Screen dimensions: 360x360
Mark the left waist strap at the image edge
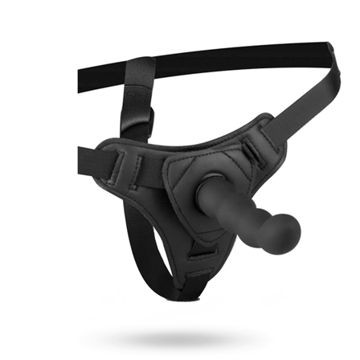(83, 155)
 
